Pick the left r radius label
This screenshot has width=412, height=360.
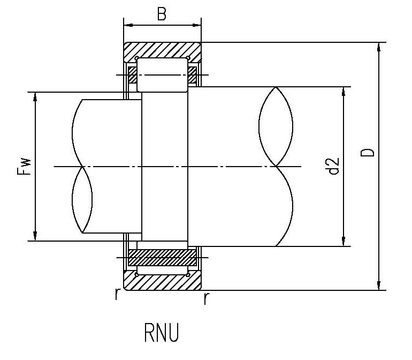tap(117, 294)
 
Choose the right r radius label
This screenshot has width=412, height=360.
tap(205, 298)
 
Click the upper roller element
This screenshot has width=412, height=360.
tap(162, 75)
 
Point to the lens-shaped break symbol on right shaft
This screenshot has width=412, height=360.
tap(276, 126)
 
